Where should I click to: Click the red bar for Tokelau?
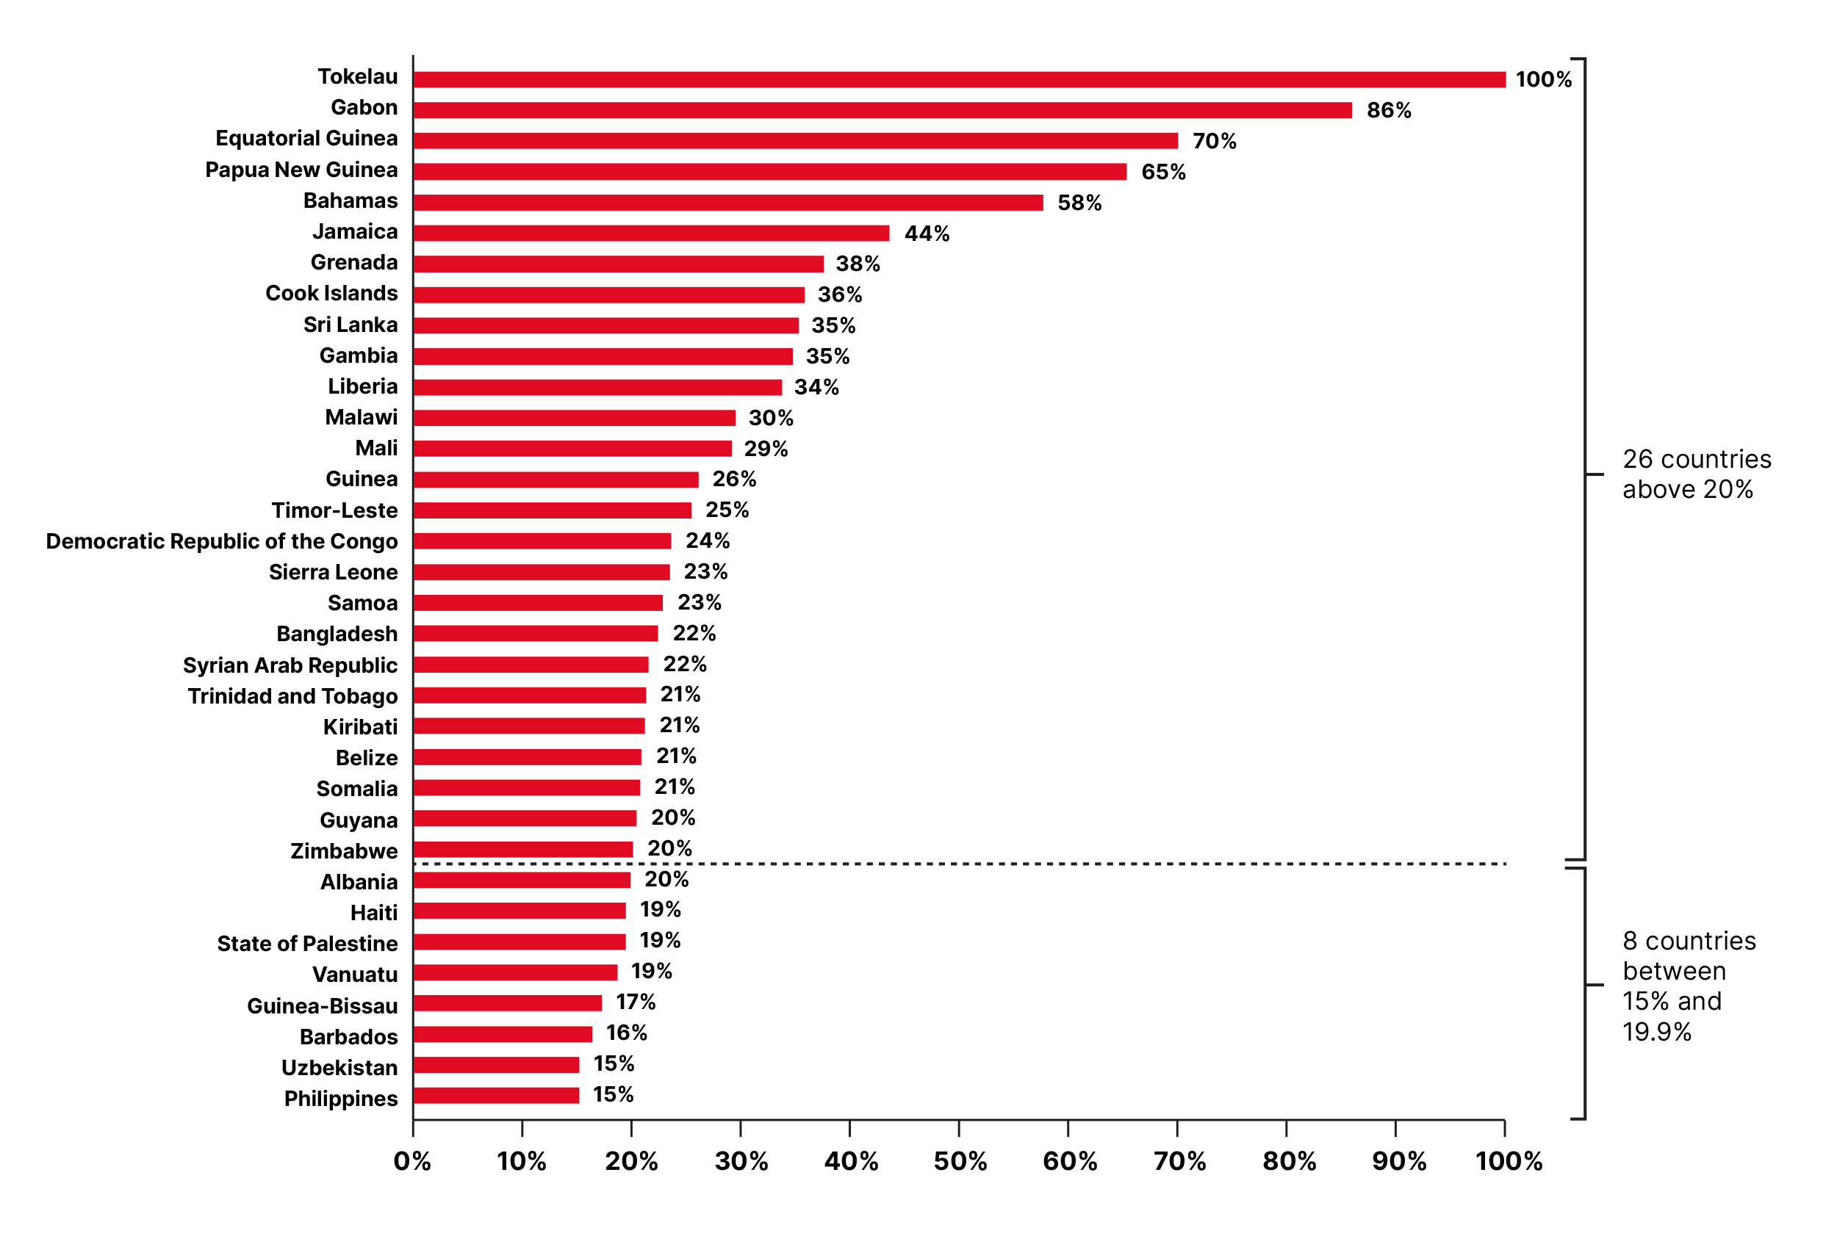click(958, 79)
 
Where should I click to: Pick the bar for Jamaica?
click(650, 233)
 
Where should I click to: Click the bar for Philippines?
click(495, 1095)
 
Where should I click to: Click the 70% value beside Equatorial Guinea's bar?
click(1214, 142)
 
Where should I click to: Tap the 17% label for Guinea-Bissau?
click(636, 1002)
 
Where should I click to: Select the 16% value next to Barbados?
click(626, 1033)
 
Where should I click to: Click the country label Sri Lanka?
click(350, 325)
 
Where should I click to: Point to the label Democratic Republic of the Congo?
click(221, 541)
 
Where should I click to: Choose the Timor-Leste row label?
click(334, 510)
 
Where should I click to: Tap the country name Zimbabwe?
click(344, 851)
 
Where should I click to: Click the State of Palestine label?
click(306, 944)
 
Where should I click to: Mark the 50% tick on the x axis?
click(960, 1161)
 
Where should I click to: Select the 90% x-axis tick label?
click(1398, 1161)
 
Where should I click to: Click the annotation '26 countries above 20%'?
click(1697, 474)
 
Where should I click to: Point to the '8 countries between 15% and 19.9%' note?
click(1689, 986)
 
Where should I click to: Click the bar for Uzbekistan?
click(495, 1064)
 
